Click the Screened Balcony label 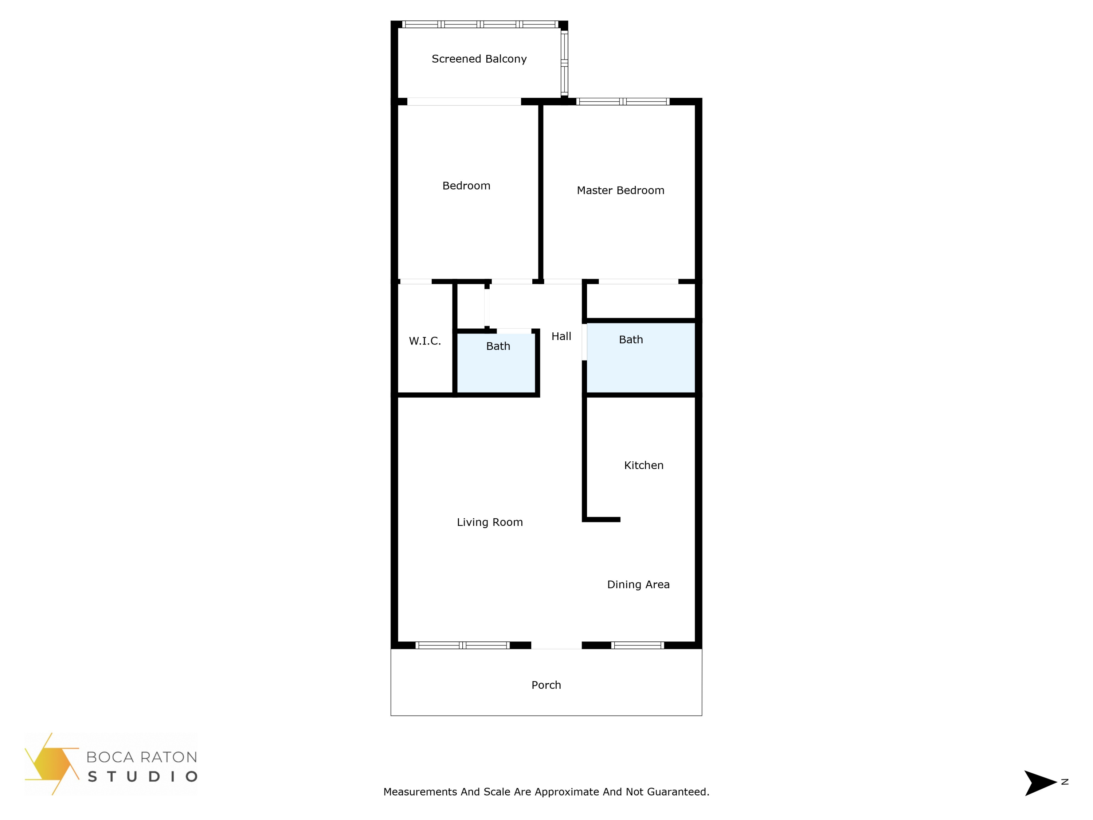pos(479,59)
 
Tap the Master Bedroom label pos(620,190)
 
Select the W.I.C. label pos(424,340)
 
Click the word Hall pos(561,336)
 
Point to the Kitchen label pos(643,465)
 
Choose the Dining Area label pos(638,584)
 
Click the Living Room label pos(489,522)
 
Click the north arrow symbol pos(1039,783)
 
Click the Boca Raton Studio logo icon pos(52,764)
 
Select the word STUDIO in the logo pos(142,777)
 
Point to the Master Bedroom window pos(623,101)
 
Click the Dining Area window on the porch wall pos(638,645)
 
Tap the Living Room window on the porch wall pos(462,645)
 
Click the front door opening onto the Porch pos(556,645)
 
